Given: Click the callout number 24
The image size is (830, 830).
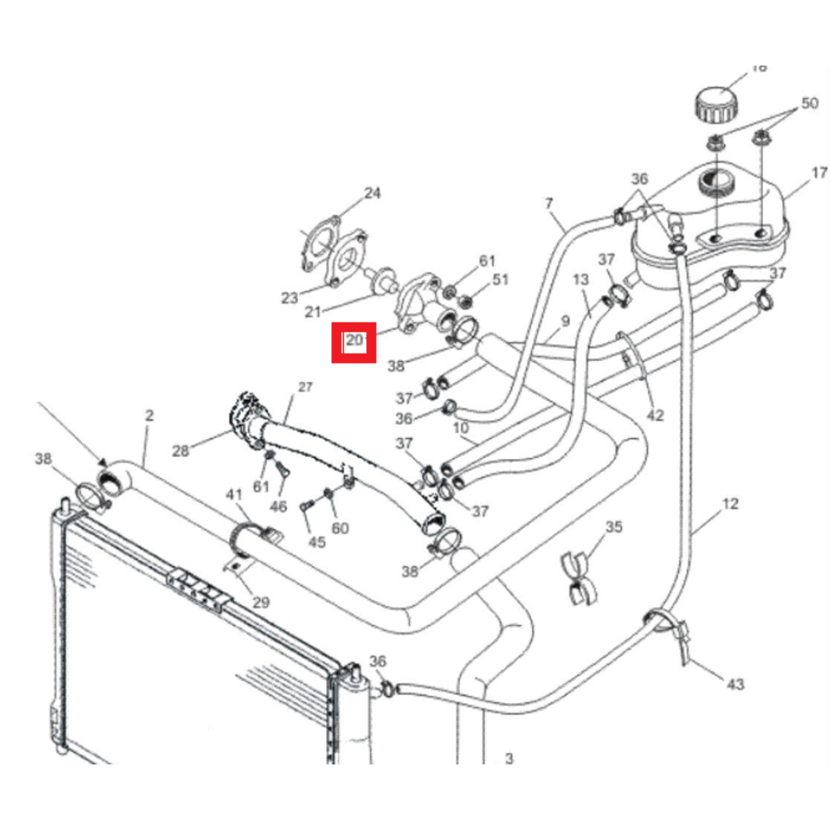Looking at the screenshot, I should pyautogui.click(x=372, y=194).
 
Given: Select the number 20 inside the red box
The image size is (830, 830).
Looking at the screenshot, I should pyautogui.click(x=355, y=340).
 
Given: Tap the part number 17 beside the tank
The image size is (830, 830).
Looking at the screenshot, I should pyautogui.click(x=819, y=173).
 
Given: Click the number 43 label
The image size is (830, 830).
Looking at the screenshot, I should pyautogui.click(x=735, y=684).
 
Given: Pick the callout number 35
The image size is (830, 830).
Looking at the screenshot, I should pyautogui.click(x=613, y=527).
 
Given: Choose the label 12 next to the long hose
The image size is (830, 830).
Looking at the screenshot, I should pyautogui.click(x=730, y=504).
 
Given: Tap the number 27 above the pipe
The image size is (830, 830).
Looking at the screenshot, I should pyautogui.click(x=305, y=388).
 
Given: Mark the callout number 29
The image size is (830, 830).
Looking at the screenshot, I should pyautogui.click(x=261, y=603).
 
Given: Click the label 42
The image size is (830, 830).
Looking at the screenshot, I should pyautogui.click(x=656, y=415).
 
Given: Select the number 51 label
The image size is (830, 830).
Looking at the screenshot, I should pyautogui.click(x=500, y=280).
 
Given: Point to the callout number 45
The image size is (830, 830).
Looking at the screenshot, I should pyautogui.click(x=316, y=543).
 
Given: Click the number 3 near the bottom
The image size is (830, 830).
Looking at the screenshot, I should pyautogui.click(x=510, y=759).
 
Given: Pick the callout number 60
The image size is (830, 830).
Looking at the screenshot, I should pyautogui.click(x=340, y=529).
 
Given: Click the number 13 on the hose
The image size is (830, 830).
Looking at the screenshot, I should pyautogui.click(x=580, y=281).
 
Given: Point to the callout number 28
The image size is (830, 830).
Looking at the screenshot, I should pyautogui.click(x=181, y=451).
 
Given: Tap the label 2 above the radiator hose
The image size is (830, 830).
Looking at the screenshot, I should pyautogui.click(x=149, y=416).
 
